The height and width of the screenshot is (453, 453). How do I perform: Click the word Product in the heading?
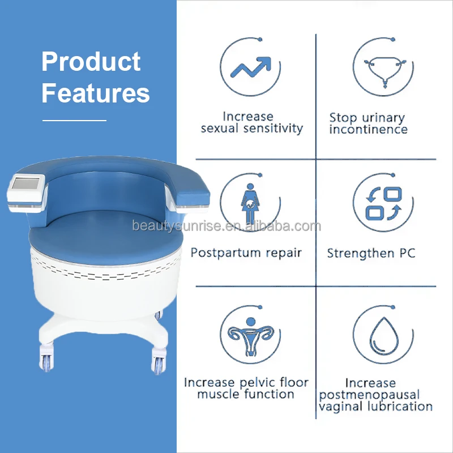click(x=91, y=62)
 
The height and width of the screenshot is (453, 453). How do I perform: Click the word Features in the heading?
click(x=96, y=93)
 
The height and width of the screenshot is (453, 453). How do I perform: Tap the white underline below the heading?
click(x=75, y=120)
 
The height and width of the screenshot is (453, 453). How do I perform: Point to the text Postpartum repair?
click(x=246, y=253)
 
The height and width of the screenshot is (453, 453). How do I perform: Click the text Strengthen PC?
click(x=371, y=253)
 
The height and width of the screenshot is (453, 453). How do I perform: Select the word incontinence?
click(x=369, y=130)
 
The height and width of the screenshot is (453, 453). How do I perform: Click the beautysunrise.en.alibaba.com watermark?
click(x=226, y=227)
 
